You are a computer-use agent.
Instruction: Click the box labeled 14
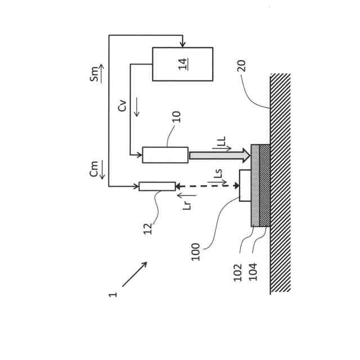182,64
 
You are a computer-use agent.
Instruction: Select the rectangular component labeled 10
165,155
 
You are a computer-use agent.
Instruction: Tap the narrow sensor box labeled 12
157,186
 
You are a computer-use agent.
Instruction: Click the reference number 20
241,65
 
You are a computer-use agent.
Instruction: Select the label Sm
96,73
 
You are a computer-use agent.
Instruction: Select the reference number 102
238,272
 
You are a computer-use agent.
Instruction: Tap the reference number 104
253,272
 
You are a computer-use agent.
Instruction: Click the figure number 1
114,294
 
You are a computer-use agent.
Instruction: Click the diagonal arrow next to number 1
135,274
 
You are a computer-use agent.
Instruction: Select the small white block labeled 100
245,185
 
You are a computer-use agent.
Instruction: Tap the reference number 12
147,228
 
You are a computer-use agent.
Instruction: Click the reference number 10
176,116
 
